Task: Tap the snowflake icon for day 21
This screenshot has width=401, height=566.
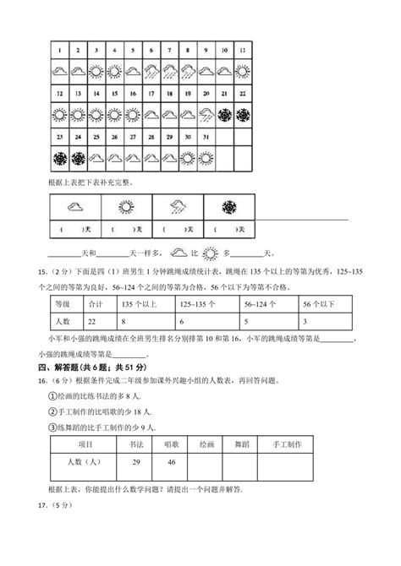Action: pyautogui.click(x=225, y=112)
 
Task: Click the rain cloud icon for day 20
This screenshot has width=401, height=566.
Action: pyautogui.click(x=207, y=112)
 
